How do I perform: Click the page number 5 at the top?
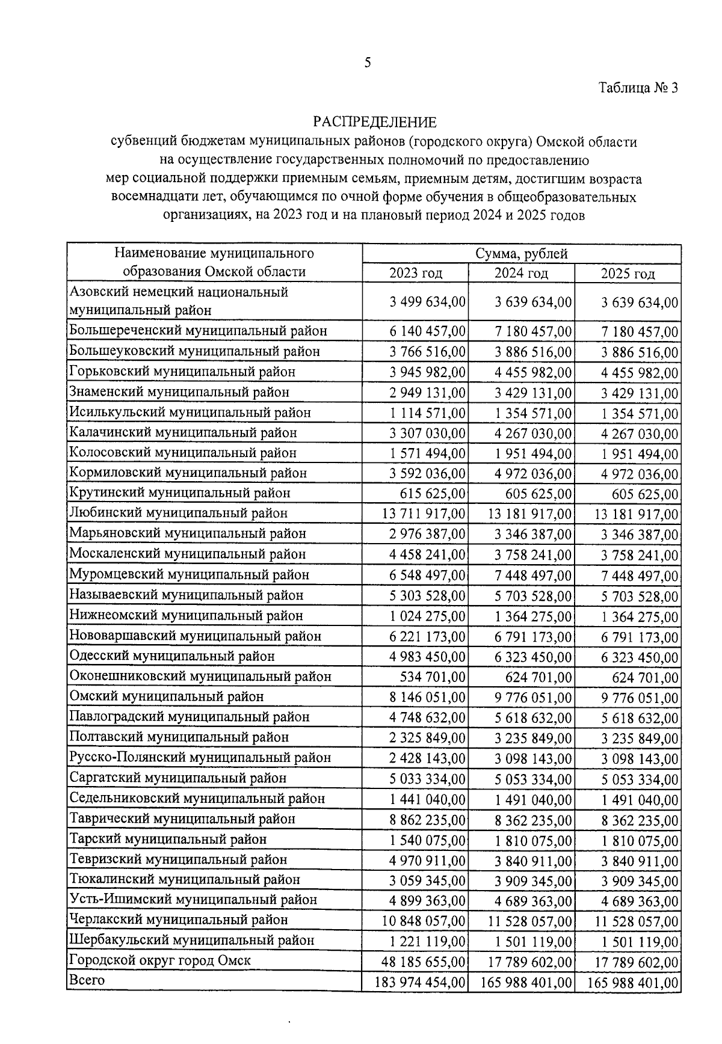[x=368, y=63]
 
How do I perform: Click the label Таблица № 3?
[x=638, y=88]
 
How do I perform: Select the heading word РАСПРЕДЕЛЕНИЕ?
[x=374, y=123]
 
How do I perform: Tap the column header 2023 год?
[x=416, y=274]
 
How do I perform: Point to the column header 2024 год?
[x=521, y=274]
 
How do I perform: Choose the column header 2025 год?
[x=628, y=274]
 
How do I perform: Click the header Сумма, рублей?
[x=522, y=254]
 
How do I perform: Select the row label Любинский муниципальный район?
[x=179, y=514]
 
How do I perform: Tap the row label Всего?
[x=87, y=980]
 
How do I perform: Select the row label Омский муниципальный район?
[x=167, y=697]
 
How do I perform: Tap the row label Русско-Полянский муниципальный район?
[x=200, y=758]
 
